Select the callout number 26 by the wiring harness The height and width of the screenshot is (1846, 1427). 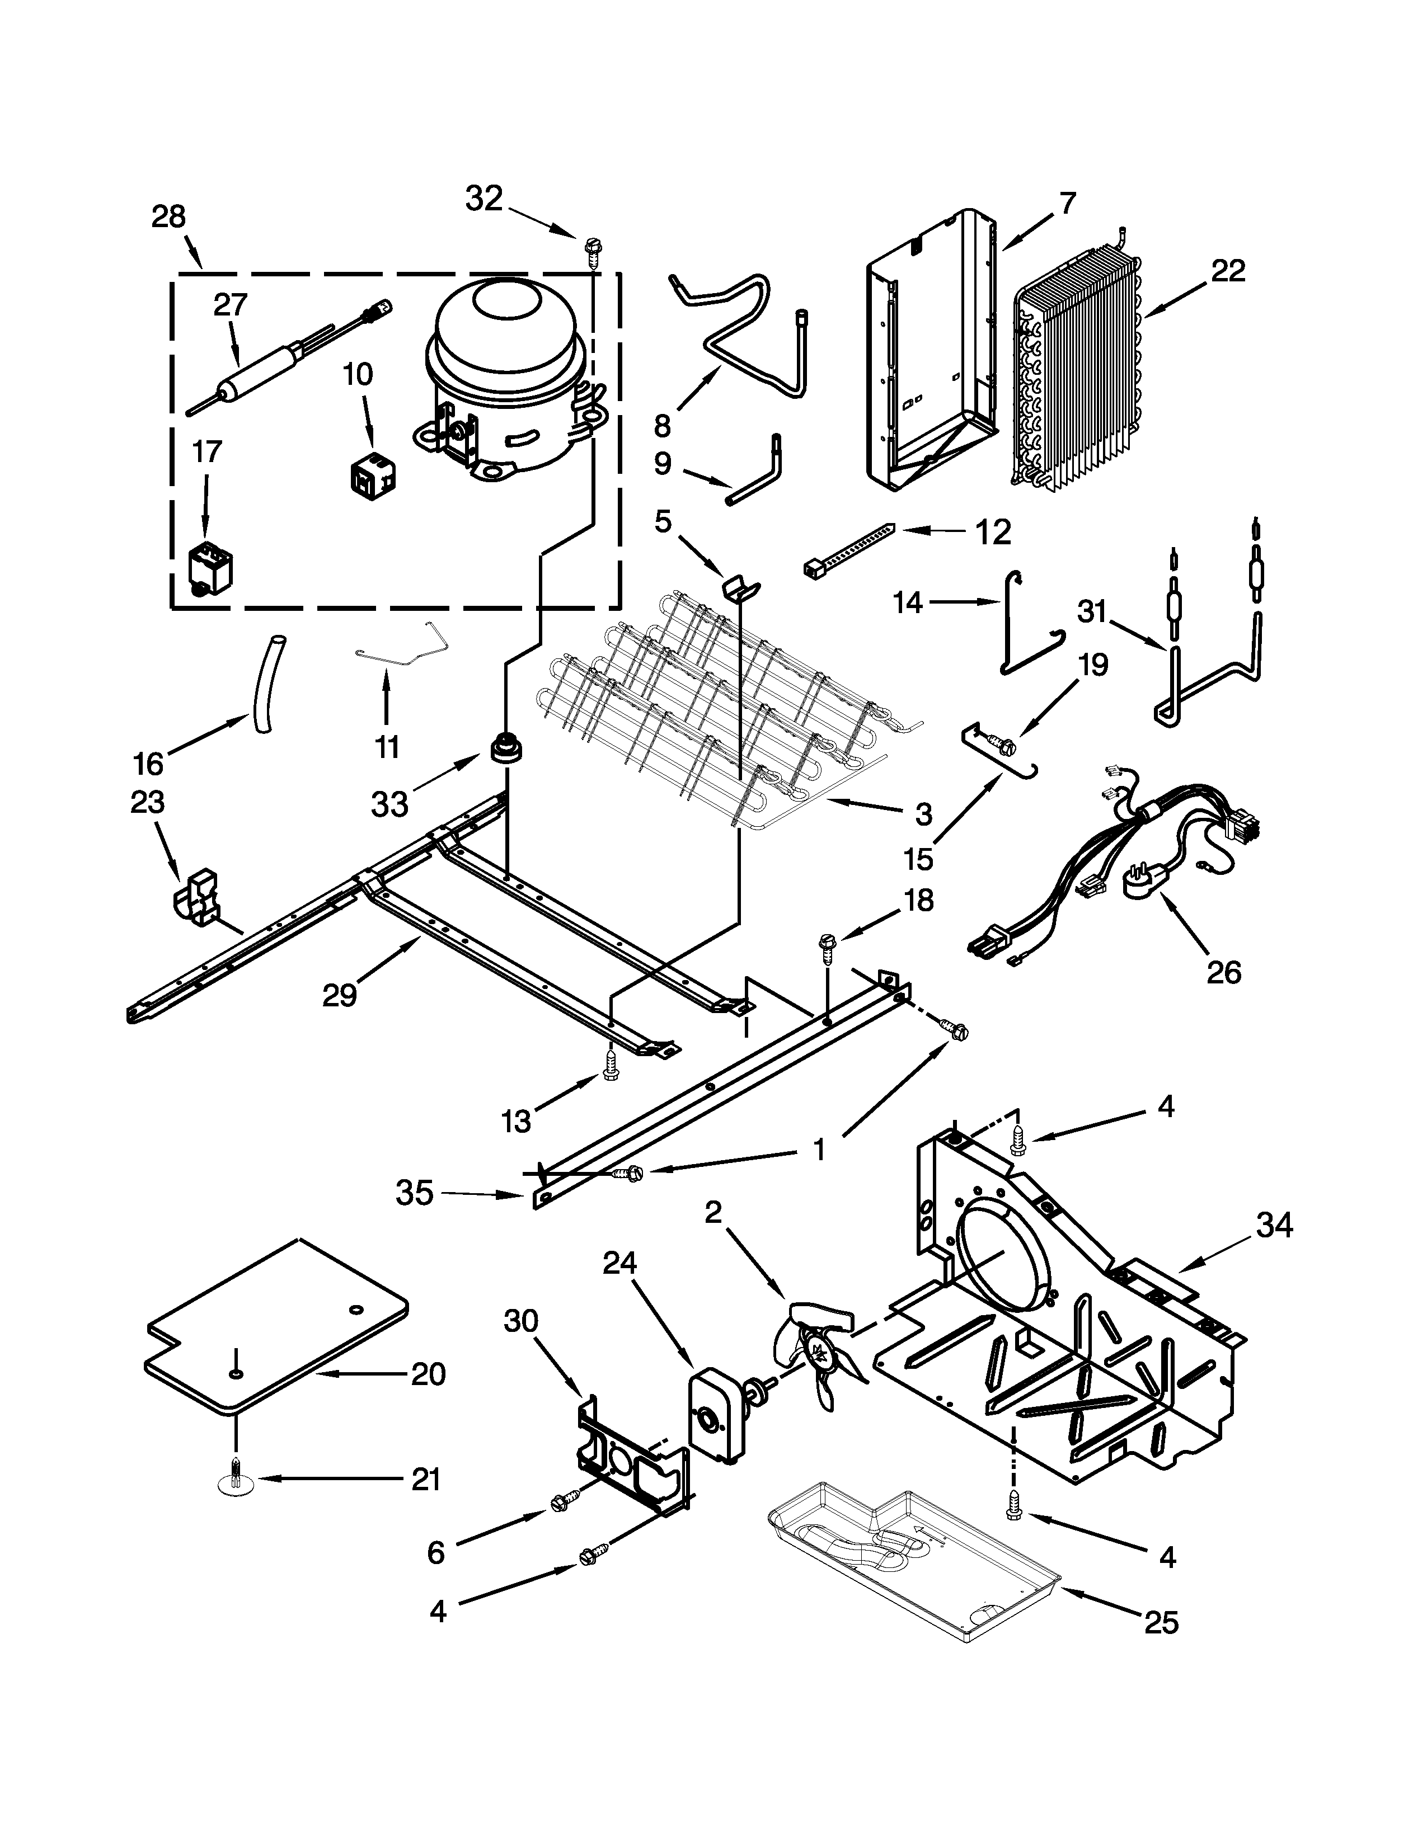coord(1223,972)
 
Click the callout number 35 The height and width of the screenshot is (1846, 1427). coord(414,1194)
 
